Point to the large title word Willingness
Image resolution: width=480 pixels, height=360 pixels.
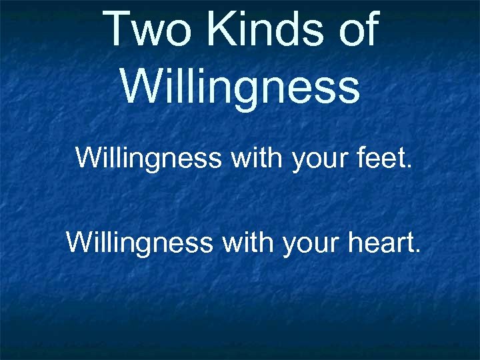(240, 87)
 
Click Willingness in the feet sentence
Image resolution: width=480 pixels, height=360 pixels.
(147, 158)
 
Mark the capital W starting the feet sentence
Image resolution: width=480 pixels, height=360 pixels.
(88, 158)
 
